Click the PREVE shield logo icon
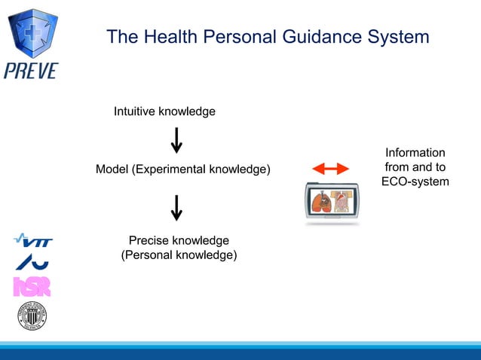(32, 31)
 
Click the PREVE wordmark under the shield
(31, 71)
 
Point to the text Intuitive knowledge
(164, 111)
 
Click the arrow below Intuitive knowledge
(176, 140)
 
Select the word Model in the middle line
(112, 169)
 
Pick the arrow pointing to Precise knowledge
(176, 208)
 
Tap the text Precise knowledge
(179, 241)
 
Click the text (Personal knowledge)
(179, 255)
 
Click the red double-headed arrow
(330, 169)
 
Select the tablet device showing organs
(332, 201)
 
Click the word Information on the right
(415, 153)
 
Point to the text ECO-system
(415, 182)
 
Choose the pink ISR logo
(32, 287)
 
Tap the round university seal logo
(32, 316)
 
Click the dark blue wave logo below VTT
(32, 262)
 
